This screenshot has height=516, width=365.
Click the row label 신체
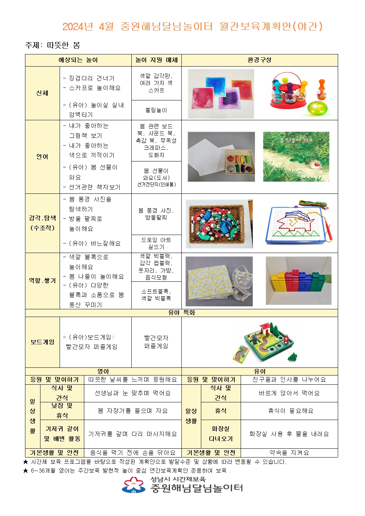42,93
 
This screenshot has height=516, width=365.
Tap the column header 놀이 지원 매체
156,60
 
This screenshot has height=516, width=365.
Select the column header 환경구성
259,60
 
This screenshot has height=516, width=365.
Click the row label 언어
42,157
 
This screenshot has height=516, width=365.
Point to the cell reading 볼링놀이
156,110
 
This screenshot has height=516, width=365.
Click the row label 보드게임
42,342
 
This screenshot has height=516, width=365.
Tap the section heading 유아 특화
181,313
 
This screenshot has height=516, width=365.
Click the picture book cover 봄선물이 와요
296,157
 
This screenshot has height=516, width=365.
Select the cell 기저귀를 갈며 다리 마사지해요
132,434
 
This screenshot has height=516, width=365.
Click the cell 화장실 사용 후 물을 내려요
289,434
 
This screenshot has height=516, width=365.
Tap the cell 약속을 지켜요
289,453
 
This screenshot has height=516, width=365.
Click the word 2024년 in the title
78,26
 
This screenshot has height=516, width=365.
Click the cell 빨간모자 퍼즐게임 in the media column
156,342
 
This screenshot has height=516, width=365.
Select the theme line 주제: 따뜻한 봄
53,45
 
